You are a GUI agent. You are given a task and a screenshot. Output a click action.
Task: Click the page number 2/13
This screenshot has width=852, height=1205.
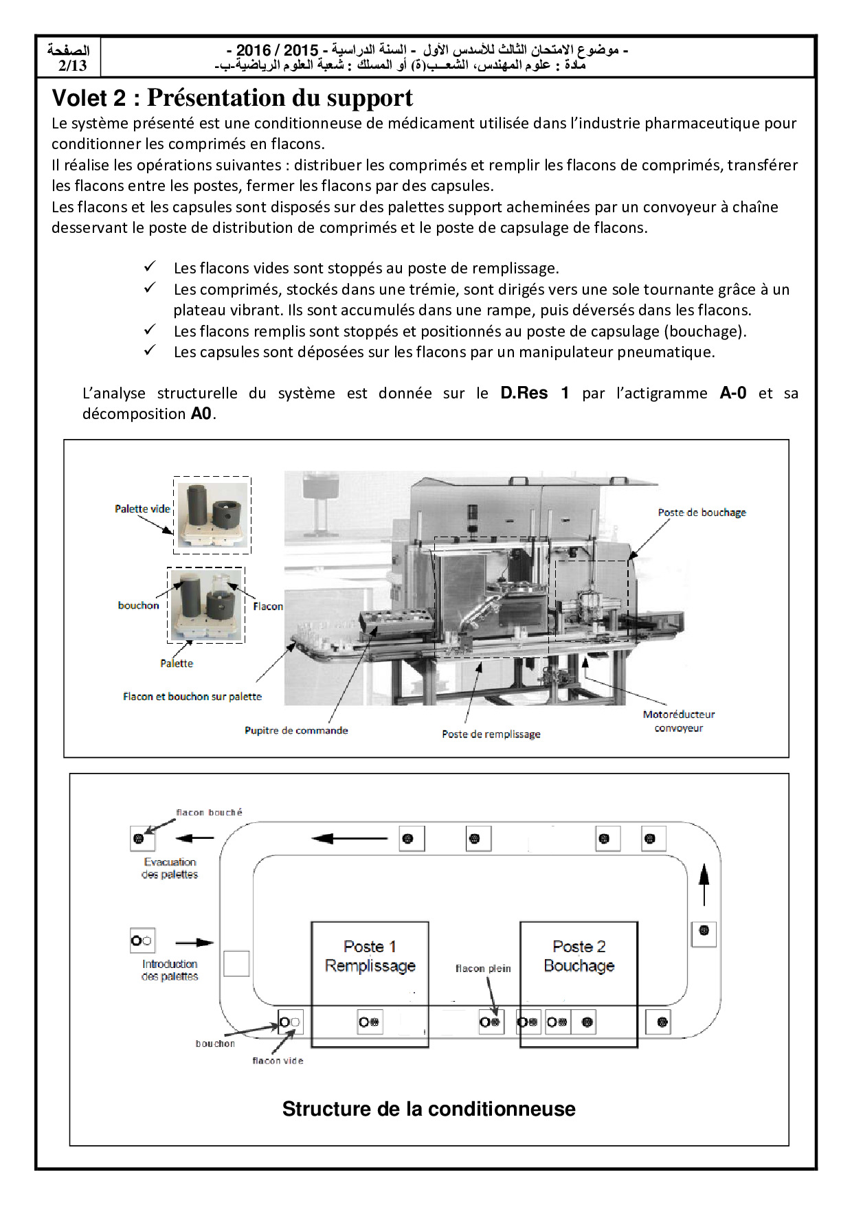(72, 65)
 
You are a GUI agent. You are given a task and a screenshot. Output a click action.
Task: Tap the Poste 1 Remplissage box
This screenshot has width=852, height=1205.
(370, 984)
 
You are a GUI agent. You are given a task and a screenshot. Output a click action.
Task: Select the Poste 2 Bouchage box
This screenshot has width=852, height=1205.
(579, 984)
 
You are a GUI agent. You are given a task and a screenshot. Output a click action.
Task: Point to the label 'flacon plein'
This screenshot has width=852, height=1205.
(483, 969)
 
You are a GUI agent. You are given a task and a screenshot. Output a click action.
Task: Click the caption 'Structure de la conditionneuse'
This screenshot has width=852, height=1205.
(429, 1109)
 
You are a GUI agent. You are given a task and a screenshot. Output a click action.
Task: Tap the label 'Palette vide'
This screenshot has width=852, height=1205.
(142, 509)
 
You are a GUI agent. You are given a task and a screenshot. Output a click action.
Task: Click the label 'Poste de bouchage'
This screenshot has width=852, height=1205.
(702, 513)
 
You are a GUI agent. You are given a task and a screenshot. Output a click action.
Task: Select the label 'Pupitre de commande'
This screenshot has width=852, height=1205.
(296, 730)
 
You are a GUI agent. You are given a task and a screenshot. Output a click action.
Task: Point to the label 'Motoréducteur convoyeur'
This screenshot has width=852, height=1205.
(679, 721)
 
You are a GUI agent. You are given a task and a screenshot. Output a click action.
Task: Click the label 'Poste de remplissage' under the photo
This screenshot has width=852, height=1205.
(491, 734)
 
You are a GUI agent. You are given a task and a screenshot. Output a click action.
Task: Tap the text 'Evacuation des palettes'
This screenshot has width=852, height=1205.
(170, 868)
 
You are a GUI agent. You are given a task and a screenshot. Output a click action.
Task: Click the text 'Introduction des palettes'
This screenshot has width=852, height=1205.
(170, 970)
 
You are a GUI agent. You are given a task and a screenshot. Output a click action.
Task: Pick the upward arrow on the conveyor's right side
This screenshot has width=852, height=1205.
(704, 885)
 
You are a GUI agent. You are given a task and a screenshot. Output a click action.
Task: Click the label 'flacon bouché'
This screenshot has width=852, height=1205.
(209, 813)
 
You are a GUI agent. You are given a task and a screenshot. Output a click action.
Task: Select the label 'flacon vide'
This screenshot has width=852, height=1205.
(278, 1061)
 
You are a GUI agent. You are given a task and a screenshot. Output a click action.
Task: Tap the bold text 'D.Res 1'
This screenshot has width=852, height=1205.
(535, 393)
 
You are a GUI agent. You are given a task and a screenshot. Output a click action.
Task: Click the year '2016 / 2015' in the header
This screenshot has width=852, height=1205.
(278, 50)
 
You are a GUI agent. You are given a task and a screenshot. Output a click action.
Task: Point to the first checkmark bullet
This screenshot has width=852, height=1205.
(150, 267)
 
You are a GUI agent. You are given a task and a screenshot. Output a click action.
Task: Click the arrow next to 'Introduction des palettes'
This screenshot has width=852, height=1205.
(195, 943)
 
